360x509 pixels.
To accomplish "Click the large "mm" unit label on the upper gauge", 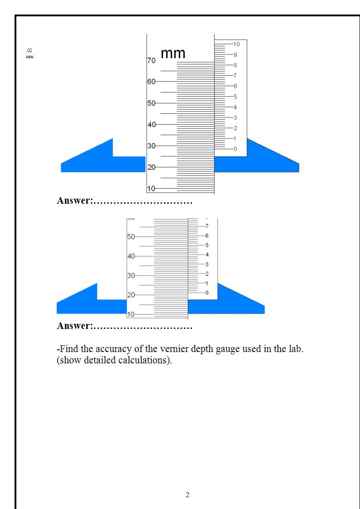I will pyautogui.click(x=173, y=54).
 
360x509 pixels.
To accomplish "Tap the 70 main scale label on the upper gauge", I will pyautogui.click(x=151, y=60).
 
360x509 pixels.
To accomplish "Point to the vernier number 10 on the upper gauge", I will pyautogui.click(x=237, y=44).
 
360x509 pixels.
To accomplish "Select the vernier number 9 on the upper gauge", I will pyautogui.click(x=235, y=54).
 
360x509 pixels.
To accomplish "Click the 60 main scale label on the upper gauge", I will pyautogui.click(x=151, y=82).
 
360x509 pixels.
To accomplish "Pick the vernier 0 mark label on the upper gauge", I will pyautogui.click(x=235, y=149).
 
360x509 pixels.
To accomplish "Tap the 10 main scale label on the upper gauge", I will pyautogui.click(x=151, y=188).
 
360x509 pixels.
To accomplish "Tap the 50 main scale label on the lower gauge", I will pyautogui.click(x=131, y=237).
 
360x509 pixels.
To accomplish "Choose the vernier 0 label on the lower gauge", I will pyautogui.click(x=207, y=293).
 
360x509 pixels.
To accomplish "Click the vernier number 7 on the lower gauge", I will pyautogui.click(x=207, y=226).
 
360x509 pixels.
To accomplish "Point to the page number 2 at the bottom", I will pyautogui.click(x=187, y=495).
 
